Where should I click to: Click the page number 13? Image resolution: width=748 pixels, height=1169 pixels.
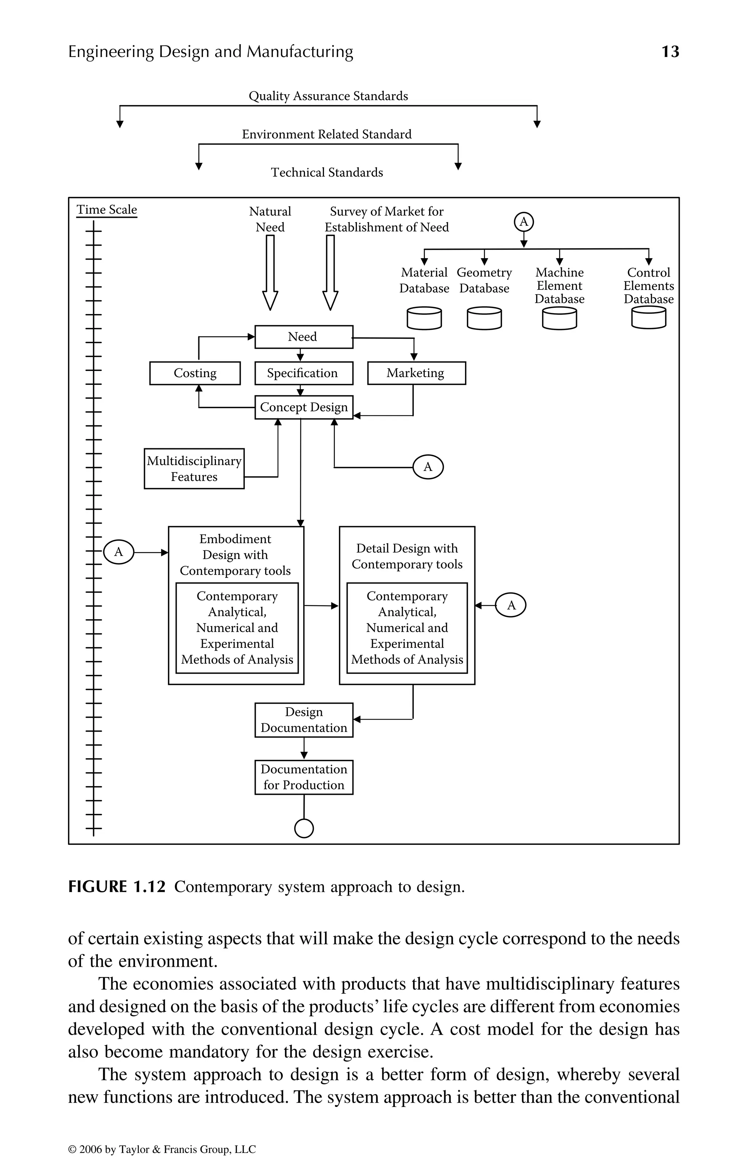click(670, 51)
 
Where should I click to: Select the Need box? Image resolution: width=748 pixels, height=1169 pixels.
click(304, 337)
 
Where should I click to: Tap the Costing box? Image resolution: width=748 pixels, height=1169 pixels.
click(195, 373)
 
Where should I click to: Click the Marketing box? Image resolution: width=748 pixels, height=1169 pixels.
click(416, 373)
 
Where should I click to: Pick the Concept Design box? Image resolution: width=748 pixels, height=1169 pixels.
click(304, 407)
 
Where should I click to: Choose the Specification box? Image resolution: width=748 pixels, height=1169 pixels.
click(304, 373)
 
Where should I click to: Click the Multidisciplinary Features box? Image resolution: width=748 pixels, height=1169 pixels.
click(194, 468)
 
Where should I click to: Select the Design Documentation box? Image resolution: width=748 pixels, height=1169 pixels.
click(304, 720)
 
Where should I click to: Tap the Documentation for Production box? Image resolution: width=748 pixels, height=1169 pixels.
click(304, 777)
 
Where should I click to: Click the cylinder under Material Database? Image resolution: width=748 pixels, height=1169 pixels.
click(424, 318)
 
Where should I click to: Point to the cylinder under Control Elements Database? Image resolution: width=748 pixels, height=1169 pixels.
click(648, 318)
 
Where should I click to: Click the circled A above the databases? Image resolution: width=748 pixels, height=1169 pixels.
click(524, 222)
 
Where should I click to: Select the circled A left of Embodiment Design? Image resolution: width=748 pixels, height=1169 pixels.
click(118, 552)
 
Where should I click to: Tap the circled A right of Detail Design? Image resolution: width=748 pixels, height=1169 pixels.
click(511, 605)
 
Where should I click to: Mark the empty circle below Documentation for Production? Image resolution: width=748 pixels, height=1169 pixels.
click(304, 829)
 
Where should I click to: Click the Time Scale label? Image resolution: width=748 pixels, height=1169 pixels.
click(107, 210)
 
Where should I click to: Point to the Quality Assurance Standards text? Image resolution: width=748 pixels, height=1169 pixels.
click(328, 96)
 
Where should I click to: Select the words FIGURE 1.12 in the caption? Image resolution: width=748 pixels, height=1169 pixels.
click(117, 887)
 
